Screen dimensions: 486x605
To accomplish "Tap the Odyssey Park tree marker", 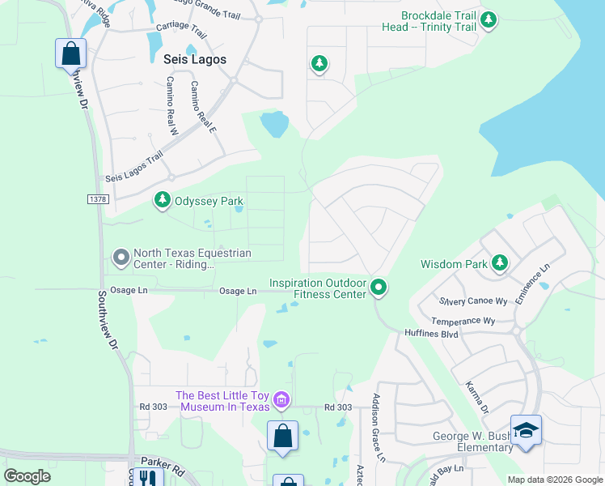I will pyautogui.click(x=163, y=199).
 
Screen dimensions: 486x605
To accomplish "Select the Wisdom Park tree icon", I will pyautogui.click(x=501, y=262).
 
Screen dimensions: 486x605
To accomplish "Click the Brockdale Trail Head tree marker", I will pyautogui.click(x=488, y=19).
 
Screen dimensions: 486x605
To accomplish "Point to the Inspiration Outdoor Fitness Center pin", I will pyautogui.click(x=378, y=287).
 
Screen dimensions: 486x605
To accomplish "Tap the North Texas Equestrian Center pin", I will pyautogui.click(x=121, y=258).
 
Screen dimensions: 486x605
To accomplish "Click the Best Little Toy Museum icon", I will pyautogui.click(x=281, y=399).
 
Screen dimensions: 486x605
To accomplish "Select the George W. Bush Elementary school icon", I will pyautogui.click(x=526, y=430).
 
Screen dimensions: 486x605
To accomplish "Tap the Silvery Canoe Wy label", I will pyautogui.click(x=473, y=301).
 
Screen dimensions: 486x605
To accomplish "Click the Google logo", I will pyautogui.click(x=27, y=476).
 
